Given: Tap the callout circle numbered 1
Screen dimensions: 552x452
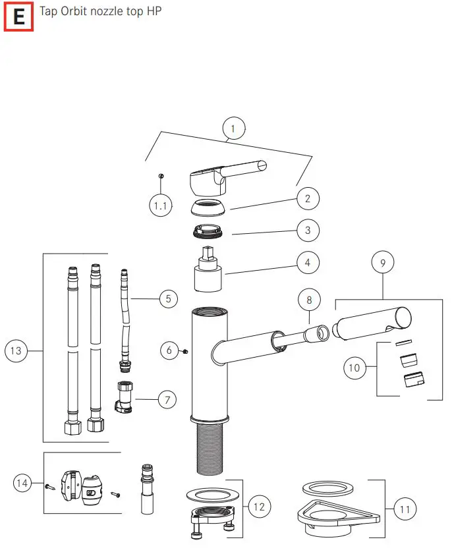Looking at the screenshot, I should [233, 128].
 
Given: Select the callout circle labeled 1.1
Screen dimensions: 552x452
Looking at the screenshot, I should [161, 206].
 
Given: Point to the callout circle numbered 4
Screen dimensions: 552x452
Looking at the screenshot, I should [308, 263].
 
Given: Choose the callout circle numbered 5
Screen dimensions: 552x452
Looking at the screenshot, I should [168, 299].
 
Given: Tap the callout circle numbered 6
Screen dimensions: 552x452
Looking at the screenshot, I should [169, 350].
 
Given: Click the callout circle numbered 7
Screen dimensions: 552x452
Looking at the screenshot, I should [167, 399].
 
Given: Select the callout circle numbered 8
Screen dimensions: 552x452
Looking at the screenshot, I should [309, 300].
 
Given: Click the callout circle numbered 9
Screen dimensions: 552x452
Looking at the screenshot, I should [383, 262].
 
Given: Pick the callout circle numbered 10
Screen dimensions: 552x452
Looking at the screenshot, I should [354, 367].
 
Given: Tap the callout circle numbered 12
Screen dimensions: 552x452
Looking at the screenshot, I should [258, 507].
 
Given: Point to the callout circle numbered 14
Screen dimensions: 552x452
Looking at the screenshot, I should [23, 484].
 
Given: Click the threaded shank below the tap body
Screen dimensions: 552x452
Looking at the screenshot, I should [210, 448].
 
